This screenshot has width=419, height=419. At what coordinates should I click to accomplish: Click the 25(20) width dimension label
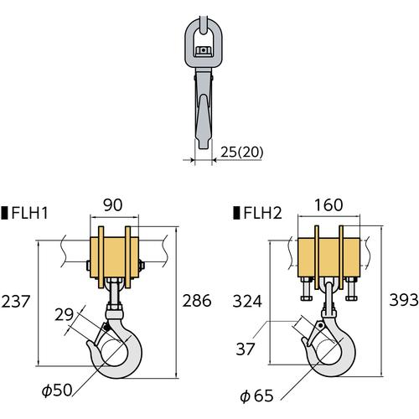(242, 153)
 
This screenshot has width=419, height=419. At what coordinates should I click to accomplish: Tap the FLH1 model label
(30, 213)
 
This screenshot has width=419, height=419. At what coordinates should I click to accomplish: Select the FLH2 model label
(262, 213)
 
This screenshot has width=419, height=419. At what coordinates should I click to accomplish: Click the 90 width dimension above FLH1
(113, 205)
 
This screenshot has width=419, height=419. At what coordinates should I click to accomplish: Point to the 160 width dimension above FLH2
(328, 205)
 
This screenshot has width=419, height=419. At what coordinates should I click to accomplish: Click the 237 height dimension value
(16, 302)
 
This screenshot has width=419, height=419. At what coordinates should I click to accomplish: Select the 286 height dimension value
(197, 301)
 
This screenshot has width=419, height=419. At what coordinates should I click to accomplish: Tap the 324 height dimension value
(247, 302)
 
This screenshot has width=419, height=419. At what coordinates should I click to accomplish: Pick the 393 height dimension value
(404, 301)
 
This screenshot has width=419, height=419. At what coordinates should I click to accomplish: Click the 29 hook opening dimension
(64, 315)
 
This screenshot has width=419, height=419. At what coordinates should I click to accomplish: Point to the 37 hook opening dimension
(246, 349)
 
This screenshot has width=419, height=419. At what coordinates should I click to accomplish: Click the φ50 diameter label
(57, 390)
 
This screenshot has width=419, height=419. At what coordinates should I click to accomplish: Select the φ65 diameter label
(256, 396)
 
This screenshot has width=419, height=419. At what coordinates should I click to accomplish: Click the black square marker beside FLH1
(4, 213)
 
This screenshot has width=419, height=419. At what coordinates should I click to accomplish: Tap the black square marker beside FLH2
(236, 213)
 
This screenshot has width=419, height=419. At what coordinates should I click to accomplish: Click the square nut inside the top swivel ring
(203, 51)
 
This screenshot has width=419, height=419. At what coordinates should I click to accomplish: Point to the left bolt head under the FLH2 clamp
(307, 298)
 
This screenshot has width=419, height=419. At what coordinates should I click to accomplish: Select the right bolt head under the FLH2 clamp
(351, 298)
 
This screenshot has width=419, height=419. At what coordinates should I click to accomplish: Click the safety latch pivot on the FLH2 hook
(321, 326)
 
